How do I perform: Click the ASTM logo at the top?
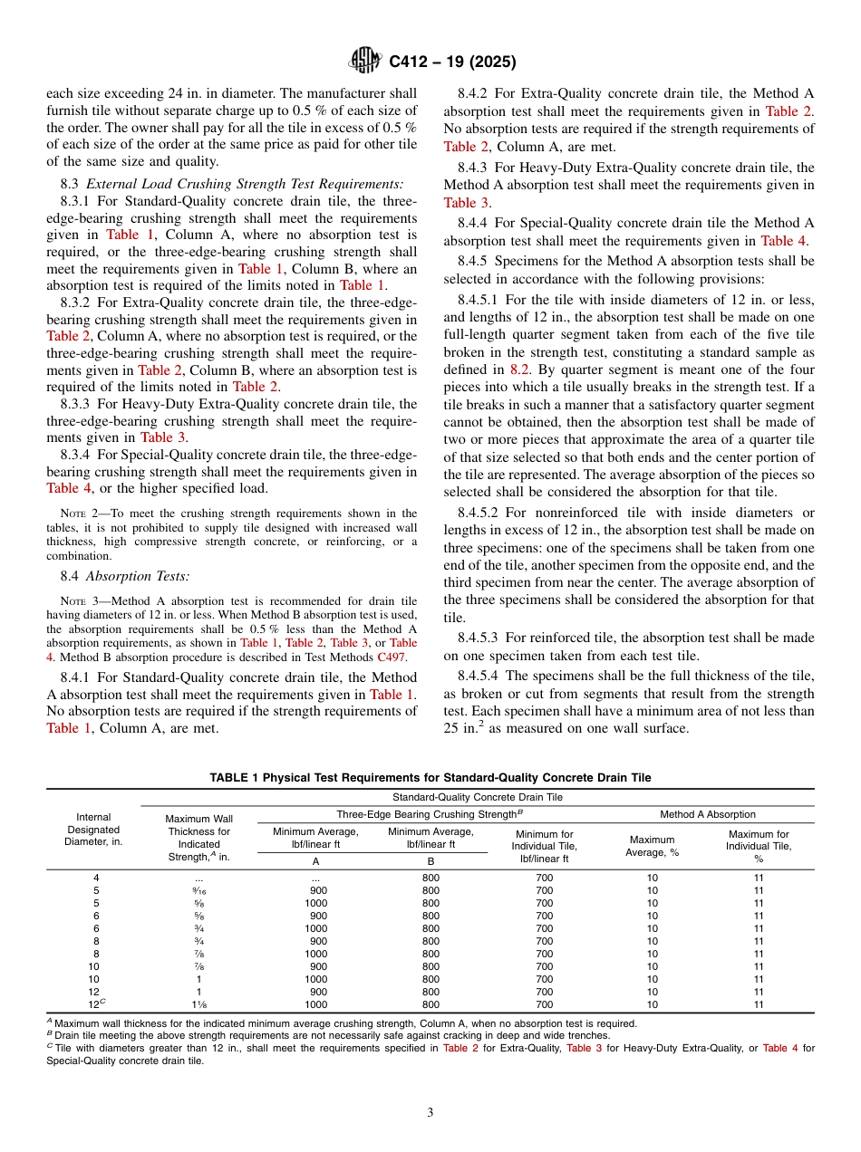(365, 62)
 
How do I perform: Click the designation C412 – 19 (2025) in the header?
(452, 62)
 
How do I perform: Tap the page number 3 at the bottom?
(430, 1112)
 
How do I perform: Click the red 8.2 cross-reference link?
(518, 369)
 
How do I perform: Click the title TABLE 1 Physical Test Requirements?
(430, 778)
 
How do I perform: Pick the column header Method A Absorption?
(707, 814)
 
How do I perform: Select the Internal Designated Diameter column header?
(93, 829)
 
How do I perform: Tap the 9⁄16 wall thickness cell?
(198, 890)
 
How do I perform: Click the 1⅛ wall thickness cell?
(198, 1004)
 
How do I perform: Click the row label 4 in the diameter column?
(96, 878)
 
